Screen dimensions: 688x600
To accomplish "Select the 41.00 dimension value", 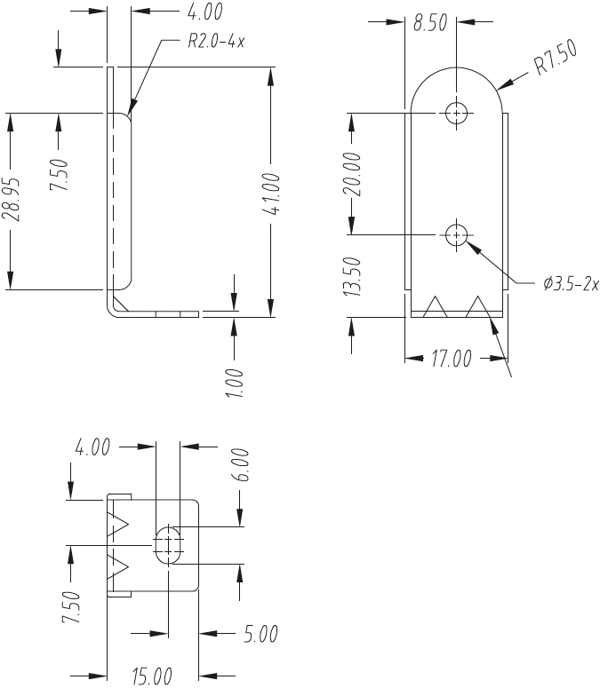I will tap(272, 194).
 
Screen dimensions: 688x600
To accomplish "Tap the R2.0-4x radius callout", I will tap(217, 42).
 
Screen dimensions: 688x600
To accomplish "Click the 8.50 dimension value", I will tap(430, 23).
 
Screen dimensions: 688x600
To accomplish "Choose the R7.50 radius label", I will tap(556, 60).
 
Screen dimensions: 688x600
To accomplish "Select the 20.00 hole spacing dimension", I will tap(353, 174).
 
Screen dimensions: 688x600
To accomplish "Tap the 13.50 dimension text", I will tap(353, 276).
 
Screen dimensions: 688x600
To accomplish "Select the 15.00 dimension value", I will tap(152, 677).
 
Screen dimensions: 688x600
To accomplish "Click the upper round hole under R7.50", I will tap(457, 114).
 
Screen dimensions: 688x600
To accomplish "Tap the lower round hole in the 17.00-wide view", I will tap(457, 234).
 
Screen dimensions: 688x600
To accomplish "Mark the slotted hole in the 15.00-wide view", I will tap(168, 543).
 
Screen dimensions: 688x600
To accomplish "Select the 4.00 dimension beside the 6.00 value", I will tap(92, 447).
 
